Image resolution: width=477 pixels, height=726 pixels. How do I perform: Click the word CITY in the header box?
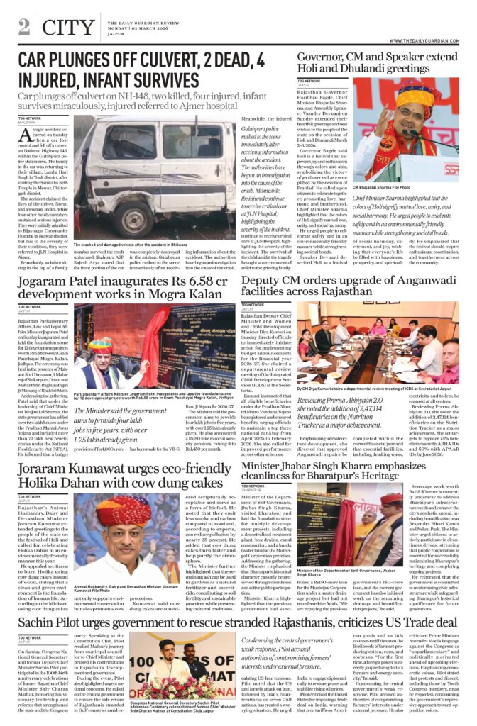coord(67,28)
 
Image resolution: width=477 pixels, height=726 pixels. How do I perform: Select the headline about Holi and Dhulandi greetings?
coord(377,63)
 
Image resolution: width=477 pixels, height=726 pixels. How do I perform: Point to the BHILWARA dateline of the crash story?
coord(30,123)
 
